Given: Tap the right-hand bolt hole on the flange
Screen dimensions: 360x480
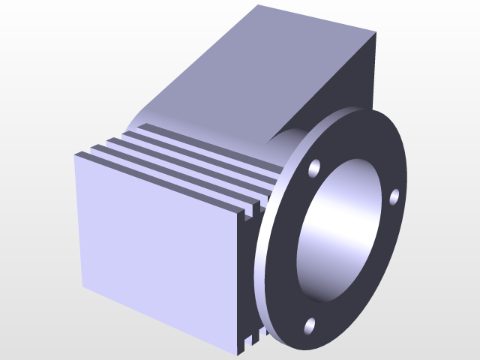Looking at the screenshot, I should coord(394,197).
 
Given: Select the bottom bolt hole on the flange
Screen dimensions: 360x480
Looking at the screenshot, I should coord(310,325).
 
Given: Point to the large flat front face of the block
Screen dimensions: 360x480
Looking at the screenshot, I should coord(157,247).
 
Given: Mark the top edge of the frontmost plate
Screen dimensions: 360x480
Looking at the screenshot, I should coord(157,181).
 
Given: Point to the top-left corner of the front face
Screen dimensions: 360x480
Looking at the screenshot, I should coord(75,154).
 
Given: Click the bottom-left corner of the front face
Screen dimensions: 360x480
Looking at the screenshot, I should coord(82,286).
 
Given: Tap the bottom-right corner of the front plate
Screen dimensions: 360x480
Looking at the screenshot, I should coord(241,350).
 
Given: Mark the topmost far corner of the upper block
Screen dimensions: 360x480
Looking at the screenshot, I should coord(257,6).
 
